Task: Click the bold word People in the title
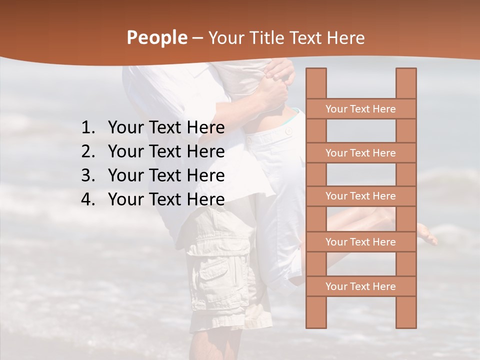click(x=156, y=37)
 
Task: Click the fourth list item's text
click(x=166, y=199)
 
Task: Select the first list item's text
click(x=166, y=128)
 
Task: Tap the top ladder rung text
click(x=360, y=109)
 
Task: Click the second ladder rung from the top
click(x=360, y=153)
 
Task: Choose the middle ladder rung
click(x=360, y=196)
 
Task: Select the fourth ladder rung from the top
click(x=360, y=242)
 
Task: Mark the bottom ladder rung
click(x=360, y=286)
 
